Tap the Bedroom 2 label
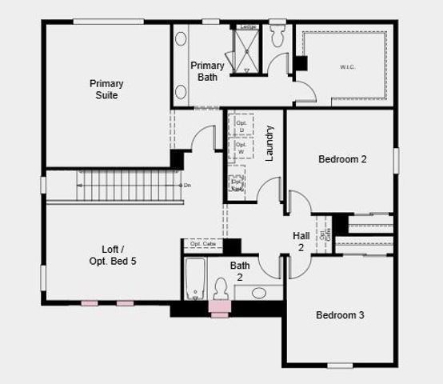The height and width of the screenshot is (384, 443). (342, 159)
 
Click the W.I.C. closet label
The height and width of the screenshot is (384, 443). (347, 66)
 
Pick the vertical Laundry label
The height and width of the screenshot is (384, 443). (270, 143)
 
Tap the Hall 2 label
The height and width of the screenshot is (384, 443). (301, 242)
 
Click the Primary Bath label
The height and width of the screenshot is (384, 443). (208, 71)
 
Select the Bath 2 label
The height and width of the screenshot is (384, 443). (240, 271)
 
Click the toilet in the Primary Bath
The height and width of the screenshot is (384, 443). (278, 37)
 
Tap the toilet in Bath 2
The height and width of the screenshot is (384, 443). (221, 290)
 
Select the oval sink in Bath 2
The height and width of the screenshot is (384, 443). (259, 293)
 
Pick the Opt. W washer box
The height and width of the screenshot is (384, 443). (241, 150)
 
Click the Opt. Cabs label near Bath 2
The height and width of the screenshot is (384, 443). (203, 244)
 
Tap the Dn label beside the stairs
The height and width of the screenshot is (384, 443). (187, 186)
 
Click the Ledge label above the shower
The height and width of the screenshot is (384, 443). (248, 27)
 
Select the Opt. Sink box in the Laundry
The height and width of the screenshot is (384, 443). (237, 184)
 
